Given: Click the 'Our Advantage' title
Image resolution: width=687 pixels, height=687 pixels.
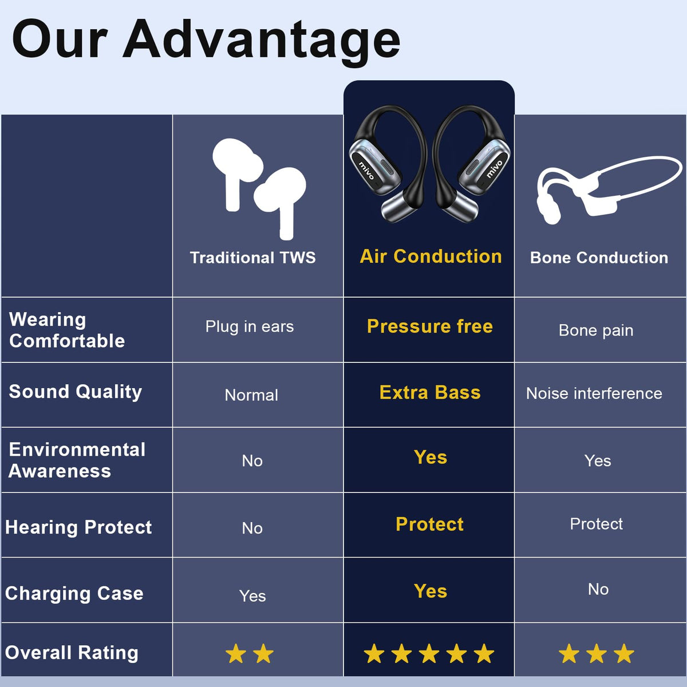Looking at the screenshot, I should [x=206, y=39].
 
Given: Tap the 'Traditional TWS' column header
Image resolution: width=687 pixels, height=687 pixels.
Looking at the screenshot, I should [x=252, y=258].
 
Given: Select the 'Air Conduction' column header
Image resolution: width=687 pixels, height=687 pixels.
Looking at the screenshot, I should [x=431, y=256].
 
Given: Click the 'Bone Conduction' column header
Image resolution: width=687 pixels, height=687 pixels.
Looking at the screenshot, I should [x=599, y=258].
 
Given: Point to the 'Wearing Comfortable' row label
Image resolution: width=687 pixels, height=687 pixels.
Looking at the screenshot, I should [x=67, y=330].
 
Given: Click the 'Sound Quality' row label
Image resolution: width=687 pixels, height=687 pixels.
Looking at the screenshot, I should [x=76, y=392].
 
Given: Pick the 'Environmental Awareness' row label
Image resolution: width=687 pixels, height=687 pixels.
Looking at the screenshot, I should [x=77, y=460].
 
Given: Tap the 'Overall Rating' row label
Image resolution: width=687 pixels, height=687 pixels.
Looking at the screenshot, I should [x=72, y=653].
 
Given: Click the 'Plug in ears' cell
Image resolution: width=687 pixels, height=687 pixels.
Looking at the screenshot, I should [x=250, y=326].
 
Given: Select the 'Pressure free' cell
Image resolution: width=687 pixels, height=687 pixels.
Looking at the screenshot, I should [x=430, y=326].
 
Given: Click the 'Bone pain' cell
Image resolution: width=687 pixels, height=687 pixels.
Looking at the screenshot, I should [x=596, y=330].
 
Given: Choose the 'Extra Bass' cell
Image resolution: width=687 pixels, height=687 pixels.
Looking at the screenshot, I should [x=430, y=393].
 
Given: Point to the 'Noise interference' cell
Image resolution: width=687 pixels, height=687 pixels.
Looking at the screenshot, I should [x=594, y=393].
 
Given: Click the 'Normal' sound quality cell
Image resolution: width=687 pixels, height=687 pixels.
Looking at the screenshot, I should [x=251, y=395].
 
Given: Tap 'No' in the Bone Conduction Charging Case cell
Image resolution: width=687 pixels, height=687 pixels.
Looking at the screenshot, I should [x=598, y=589].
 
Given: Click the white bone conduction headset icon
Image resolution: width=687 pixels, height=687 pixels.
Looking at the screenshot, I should [x=607, y=189].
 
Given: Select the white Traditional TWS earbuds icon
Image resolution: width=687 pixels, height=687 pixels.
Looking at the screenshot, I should [x=259, y=187].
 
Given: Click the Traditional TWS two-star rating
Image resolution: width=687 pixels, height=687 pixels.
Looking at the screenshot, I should [x=250, y=653].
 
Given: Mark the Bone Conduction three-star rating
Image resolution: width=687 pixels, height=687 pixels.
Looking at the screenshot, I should [x=597, y=653].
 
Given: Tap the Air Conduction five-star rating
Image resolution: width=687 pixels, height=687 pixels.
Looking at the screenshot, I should [x=429, y=653].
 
